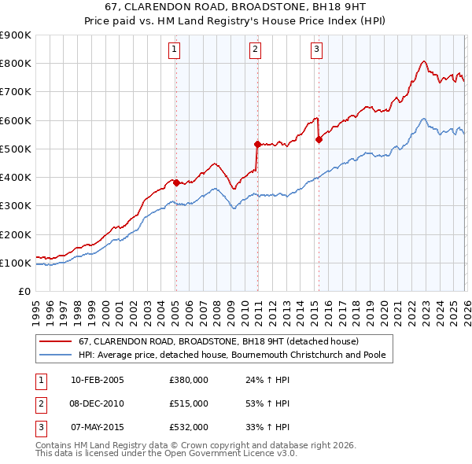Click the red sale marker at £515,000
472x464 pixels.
pyautogui.click(x=257, y=144)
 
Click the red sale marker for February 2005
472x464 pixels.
pyautogui.click(x=176, y=182)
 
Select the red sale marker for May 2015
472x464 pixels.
pyautogui.click(x=319, y=140)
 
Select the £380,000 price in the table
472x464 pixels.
pyautogui.click(x=189, y=380)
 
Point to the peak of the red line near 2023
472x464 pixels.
pyautogui.click(x=423, y=61)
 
